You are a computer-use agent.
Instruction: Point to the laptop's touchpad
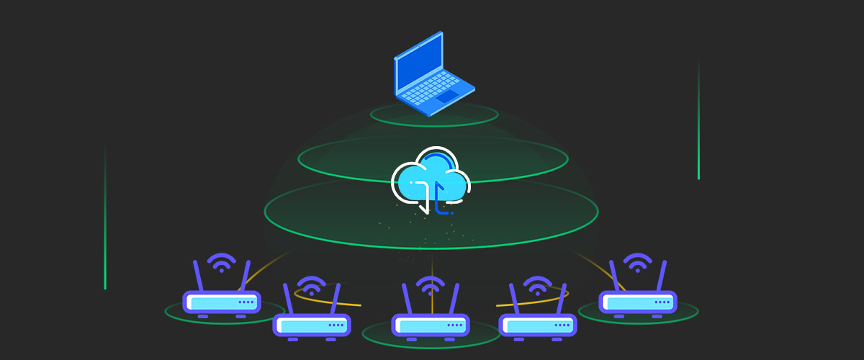coord(448,96)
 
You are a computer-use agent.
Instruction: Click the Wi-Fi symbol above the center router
coord(430,285)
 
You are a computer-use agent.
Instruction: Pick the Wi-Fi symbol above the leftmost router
coord(221,262)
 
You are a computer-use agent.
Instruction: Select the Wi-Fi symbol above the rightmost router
coord(638,262)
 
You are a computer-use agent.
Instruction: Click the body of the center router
coord(430,325)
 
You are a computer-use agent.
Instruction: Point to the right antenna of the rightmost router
coord(662,275)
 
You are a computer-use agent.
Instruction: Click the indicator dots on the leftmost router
coord(246,302)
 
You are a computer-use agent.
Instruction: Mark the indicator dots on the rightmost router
coord(662,302)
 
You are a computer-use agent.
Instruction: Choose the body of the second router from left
coord(311,325)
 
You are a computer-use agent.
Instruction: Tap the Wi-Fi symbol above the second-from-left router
coord(311,285)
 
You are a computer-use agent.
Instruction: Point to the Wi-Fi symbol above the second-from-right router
coord(537,285)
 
